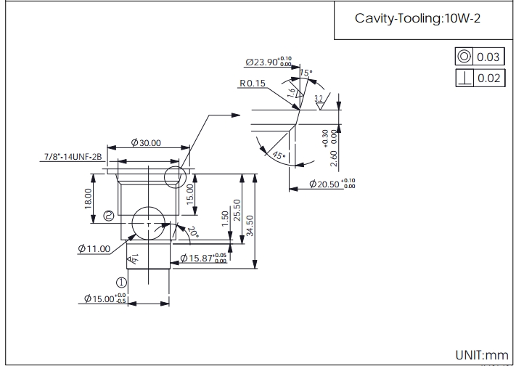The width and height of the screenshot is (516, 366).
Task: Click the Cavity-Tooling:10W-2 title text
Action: click(417, 20)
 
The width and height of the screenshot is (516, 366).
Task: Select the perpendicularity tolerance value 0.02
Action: click(488, 78)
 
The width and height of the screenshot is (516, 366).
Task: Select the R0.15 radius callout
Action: click(252, 83)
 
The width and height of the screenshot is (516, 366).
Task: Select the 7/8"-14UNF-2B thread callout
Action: click(71, 156)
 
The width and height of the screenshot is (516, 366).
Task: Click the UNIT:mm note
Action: click(482, 355)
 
